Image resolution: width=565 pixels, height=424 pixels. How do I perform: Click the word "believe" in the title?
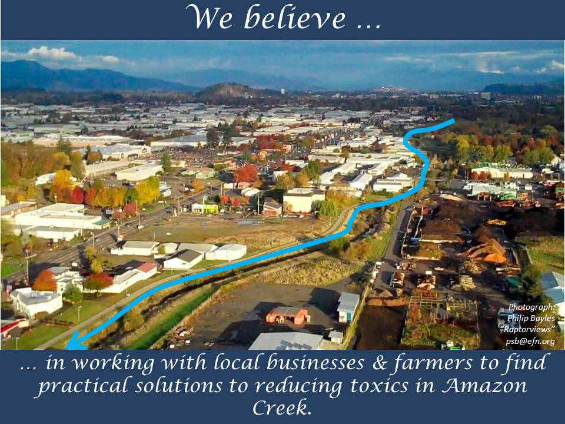[x=295, y=17]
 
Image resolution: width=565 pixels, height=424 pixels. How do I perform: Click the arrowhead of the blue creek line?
[x=76, y=342]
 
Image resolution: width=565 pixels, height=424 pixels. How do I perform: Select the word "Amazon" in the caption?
[x=484, y=385]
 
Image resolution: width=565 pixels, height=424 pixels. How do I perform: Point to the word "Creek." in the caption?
[x=282, y=408]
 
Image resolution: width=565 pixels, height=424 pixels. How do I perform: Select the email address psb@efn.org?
[x=530, y=341]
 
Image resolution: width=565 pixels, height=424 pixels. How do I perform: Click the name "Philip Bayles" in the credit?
[x=531, y=318]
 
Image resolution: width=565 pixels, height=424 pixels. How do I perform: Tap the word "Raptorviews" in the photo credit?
[x=528, y=329]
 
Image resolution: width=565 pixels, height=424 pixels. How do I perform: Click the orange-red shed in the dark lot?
[x=287, y=315]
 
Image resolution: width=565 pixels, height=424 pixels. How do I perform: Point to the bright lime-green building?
[x=205, y=208]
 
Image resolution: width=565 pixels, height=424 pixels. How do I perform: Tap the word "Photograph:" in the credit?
[x=531, y=307]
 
